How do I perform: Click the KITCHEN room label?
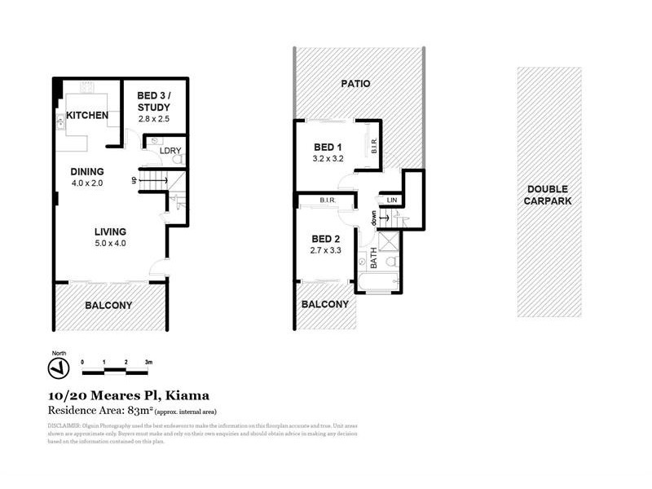(x=87, y=115)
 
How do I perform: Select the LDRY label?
(x=170, y=151)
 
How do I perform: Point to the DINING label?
(x=87, y=171)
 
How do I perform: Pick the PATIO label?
(x=356, y=83)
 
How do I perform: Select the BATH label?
(x=374, y=258)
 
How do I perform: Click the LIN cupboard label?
(x=392, y=200)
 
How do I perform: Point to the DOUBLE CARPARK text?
(x=548, y=194)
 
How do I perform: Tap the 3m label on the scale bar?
(x=149, y=361)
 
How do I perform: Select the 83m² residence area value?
(x=136, y=410)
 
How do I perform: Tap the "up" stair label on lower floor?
(x=134, y=180)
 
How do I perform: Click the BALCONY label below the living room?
(x=108, y=306)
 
